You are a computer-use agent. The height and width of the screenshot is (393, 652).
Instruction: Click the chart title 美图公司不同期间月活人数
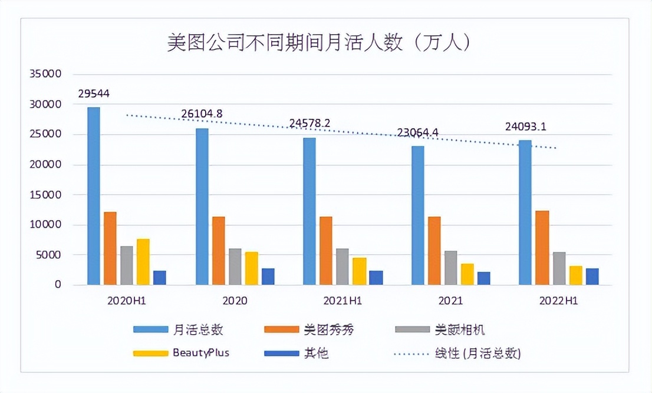318,44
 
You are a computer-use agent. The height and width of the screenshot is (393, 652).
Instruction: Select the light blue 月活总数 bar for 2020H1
94,196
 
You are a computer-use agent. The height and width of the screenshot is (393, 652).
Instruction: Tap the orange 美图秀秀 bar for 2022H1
542,248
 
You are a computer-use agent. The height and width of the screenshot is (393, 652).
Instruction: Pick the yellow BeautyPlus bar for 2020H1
143,262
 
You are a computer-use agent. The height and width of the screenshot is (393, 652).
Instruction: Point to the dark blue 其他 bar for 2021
483,278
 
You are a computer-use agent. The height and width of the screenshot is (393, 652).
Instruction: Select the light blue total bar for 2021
417,215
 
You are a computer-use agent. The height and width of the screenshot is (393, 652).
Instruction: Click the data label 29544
94,94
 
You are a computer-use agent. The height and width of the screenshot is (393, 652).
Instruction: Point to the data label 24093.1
526,126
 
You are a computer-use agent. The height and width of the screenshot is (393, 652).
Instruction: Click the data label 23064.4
417,132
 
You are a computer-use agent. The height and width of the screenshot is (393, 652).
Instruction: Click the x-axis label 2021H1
343,301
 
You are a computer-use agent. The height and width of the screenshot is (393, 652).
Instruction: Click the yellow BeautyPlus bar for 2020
251,268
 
